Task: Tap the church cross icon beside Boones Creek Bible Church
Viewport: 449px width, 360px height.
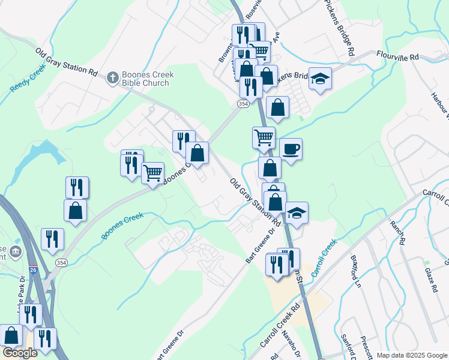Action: point(112,77)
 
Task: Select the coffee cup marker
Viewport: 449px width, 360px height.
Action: point(291,149)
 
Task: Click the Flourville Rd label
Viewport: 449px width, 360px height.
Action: point(397,56)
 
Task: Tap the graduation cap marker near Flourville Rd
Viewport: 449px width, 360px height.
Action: point(321,79)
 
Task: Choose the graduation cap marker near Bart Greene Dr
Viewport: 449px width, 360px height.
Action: point(297,213)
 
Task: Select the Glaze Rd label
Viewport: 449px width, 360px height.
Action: point(430,279)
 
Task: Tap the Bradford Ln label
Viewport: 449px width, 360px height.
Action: point(356,268)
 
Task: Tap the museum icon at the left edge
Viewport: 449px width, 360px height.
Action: point(16,252)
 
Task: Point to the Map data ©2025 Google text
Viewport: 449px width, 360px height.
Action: point(411,355)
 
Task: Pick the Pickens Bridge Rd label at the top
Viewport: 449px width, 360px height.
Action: point(340,27)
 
